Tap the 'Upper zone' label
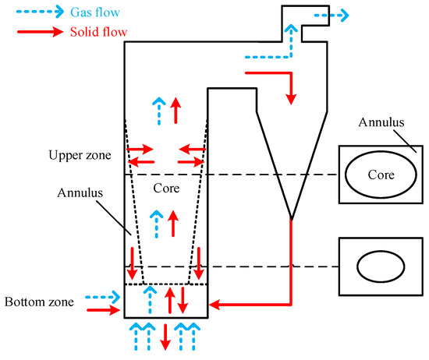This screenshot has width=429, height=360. pos(76,156)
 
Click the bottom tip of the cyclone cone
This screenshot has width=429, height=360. pos(290,217)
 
